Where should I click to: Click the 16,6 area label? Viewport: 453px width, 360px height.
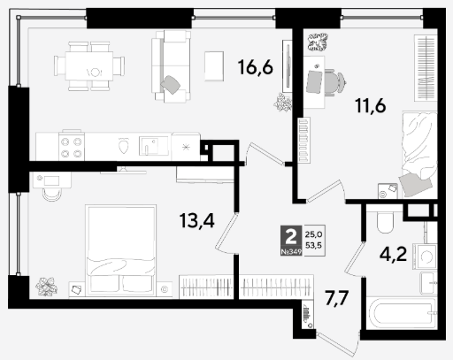coord(256,67)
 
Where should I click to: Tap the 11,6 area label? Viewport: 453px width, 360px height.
coord(371,105)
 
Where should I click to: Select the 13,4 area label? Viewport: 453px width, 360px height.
coord(196,220)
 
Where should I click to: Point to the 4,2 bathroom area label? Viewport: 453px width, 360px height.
coord(393,255)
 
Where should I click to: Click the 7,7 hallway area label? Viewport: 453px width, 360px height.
coord(337,298)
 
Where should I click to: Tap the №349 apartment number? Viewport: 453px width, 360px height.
coord(291,252)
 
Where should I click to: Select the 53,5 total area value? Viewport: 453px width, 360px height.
coord(313,245)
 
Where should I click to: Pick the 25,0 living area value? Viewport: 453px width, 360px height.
coord(313,234)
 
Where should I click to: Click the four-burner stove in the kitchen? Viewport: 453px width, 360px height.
coord(72,146)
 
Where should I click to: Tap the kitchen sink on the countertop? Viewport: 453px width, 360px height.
coord(154,146)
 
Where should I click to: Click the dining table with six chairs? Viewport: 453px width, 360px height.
coord(89,66)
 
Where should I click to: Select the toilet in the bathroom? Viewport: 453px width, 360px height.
coord(385,222)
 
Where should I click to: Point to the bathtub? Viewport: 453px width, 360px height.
coord(402,313)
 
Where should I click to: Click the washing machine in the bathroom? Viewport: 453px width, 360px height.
coord(425,257)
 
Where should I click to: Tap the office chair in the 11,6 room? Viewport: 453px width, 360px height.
coord(334,82)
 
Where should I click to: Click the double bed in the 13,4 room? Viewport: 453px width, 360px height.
coord(120,250)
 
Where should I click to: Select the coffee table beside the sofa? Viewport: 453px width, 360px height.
coord(214,65)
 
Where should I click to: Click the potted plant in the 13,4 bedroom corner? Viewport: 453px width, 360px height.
coord(46,287)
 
